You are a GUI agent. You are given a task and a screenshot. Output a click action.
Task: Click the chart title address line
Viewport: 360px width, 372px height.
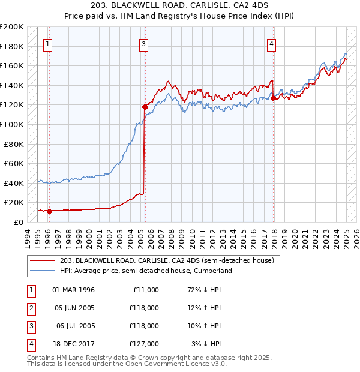click(179, 7)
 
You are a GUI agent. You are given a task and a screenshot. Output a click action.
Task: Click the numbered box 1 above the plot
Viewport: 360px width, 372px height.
click(47, 43)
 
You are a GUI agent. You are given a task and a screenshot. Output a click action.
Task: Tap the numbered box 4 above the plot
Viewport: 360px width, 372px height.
click(272, 43)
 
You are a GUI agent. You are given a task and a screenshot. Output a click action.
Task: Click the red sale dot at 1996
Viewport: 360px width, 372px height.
click(49, 211)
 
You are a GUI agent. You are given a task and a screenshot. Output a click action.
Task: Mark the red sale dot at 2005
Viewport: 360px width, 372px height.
click(145, 107)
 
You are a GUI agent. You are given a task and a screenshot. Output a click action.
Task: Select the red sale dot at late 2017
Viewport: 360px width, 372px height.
click(273, 98)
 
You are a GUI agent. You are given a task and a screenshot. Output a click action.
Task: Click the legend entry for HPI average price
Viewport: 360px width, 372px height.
click(145, 271)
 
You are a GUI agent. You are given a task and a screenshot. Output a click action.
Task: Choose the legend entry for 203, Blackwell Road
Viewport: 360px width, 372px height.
click(167, 260)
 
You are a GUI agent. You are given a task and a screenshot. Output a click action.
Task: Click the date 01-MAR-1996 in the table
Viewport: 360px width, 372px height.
click(73, 290)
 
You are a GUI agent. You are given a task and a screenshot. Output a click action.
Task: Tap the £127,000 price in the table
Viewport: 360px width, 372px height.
click(143, 344)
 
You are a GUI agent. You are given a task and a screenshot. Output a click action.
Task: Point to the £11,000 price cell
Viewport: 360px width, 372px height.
click(145, 290)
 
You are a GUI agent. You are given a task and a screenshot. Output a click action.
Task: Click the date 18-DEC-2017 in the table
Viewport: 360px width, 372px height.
click(73, 344)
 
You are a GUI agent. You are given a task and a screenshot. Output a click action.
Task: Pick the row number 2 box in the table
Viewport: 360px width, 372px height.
click(30, 308)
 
